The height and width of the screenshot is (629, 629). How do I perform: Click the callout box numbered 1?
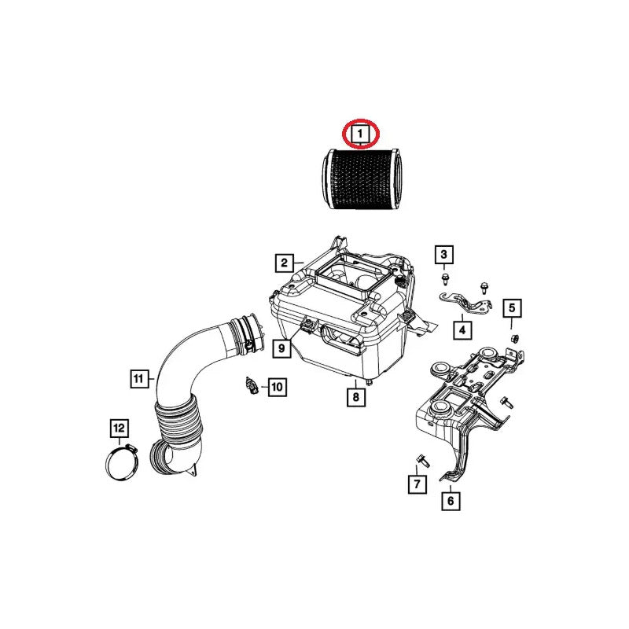click(x=360, y=133)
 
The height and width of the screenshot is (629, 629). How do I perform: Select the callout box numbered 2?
click(x=284, y=263)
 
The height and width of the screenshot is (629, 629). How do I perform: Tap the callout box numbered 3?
click(x=444, y=254)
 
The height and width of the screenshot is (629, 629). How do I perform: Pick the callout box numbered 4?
click(x=462, y=329)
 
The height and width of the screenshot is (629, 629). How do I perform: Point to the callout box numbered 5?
click(x=512, y=308)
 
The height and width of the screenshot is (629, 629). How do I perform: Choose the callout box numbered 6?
click(x=451, y=501)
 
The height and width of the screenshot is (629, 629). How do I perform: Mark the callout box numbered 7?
click(x=417, y=484)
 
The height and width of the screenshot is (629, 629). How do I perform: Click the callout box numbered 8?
click(x=356, y=397)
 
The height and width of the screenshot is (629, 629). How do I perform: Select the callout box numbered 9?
click(x=281, y=348)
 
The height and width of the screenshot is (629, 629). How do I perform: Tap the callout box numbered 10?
click(x=278, y=387)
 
